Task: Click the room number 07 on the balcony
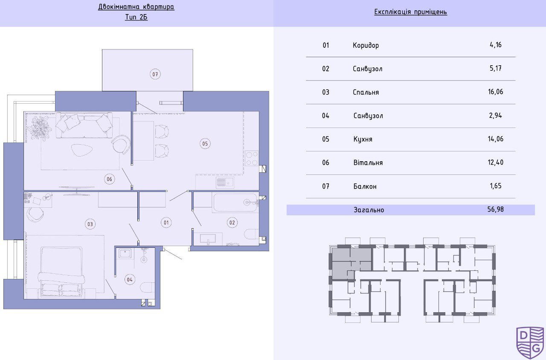(x=155, y=74)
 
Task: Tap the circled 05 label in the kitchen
(x=205, y=144)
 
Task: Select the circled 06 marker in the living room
(x=110, y=179)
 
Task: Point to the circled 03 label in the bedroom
(x=90, y=224)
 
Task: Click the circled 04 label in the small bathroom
(x=130, y=279)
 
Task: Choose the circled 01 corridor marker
(x=166, y=223)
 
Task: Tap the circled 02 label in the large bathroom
(x=232, y=223)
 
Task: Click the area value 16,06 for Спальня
(x=496, y=92)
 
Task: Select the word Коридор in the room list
(x=366, y=45)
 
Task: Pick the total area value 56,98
(x=496, y=209)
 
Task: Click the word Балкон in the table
(x=365, y=186)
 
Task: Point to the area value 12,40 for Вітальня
(x=496, y=163)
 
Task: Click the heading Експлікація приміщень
(x=410, y=12)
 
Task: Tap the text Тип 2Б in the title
(x=136, y=17)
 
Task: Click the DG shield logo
(x=530, y=343)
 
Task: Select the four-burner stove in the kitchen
(x=252, y=158)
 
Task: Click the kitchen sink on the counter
(x=225, y=182)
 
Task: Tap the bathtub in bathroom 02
(x=235, y=202)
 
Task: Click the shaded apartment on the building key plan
(x=351, y=262)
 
